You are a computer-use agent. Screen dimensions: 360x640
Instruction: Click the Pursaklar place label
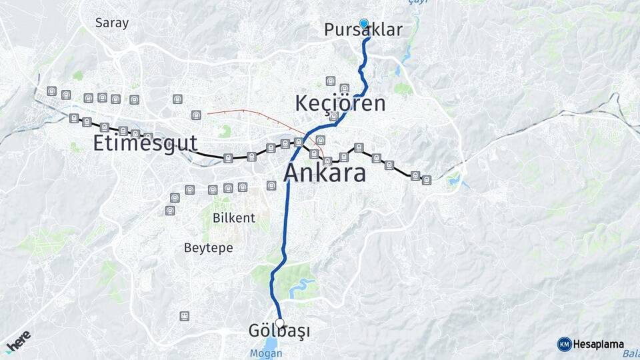coord(363,30)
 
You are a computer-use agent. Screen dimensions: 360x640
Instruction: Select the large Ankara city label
coord(325,173)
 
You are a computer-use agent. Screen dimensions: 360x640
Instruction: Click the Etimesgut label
coord(145,143)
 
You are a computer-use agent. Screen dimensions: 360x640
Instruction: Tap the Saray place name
coord(112,22)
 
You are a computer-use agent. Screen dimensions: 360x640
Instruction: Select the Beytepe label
coord(209,247)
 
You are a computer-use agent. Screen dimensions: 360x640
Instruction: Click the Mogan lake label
coord(266,353)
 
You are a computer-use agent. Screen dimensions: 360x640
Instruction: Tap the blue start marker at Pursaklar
coord(364,23)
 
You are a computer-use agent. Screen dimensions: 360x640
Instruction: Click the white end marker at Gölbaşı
coord(280,323)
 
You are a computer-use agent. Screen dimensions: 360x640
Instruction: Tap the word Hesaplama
coord(598,345)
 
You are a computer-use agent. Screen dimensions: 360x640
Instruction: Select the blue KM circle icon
coord(564,345)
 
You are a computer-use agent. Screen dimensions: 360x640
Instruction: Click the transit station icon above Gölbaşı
coord(185,315)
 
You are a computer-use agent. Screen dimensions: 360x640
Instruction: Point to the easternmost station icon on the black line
coord(427,179)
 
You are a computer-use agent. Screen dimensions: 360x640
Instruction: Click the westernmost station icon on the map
coord(52,91)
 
